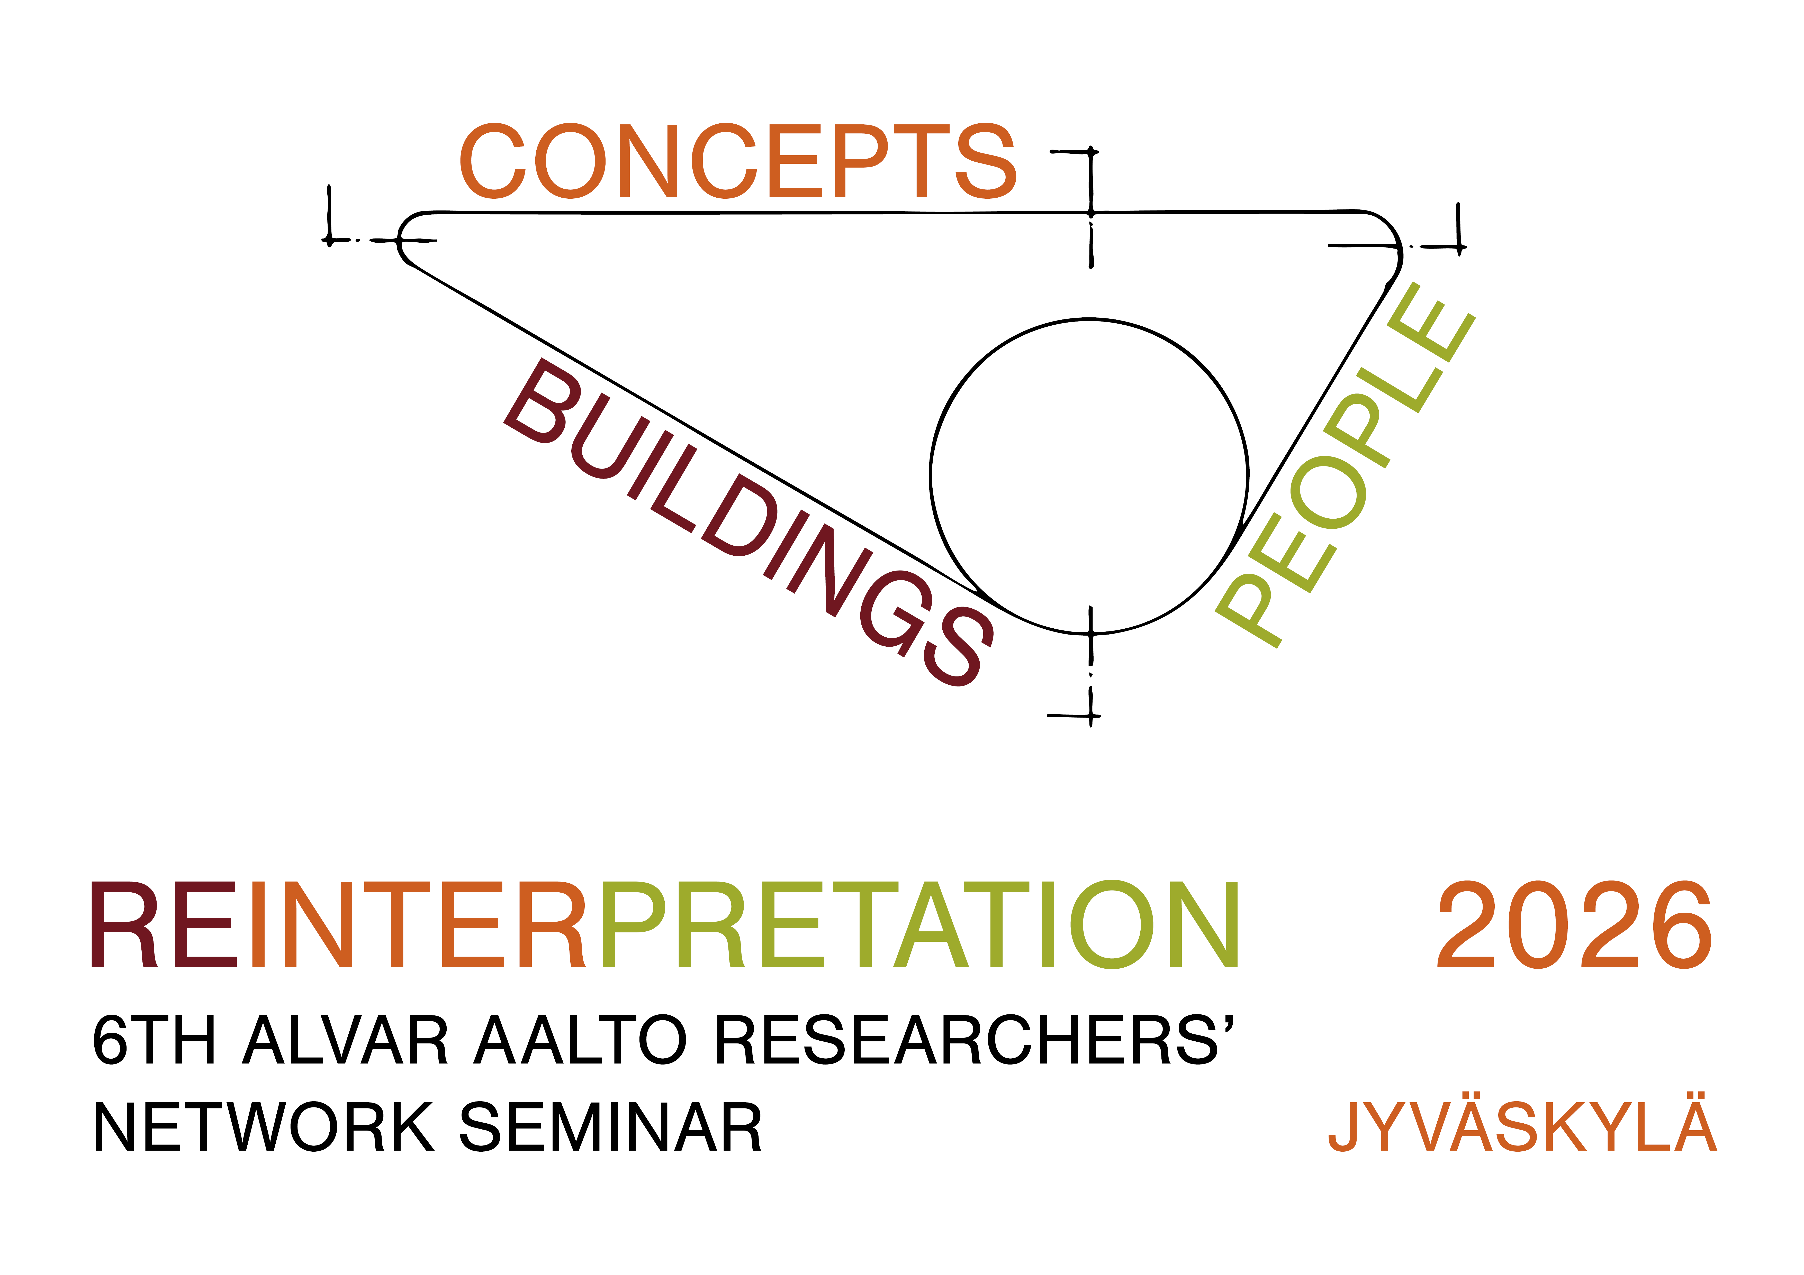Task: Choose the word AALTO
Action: point(581,1040)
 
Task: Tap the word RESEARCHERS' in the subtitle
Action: point(974,1040)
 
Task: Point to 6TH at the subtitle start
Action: point(153,1040)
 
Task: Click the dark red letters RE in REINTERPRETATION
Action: point(164,925)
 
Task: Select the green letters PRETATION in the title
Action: point(919,925)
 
